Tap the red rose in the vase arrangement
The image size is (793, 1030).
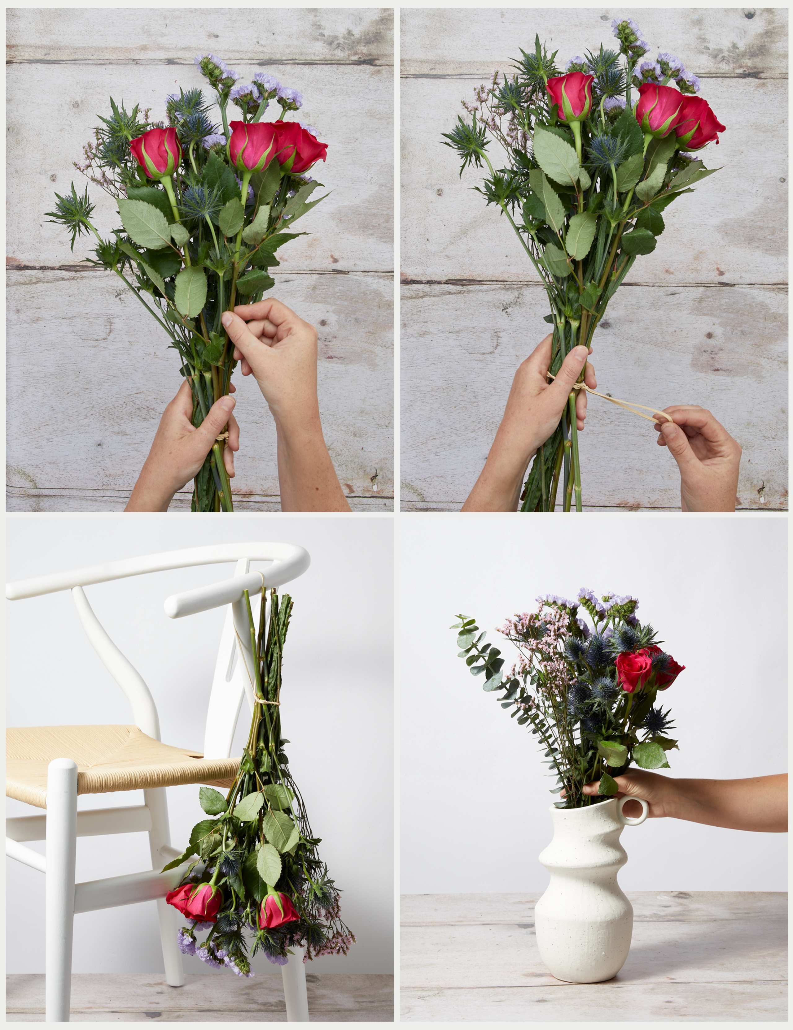[634, 671]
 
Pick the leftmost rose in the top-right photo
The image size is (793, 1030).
[570, 96]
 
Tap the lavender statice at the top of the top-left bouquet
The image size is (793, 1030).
[212, 66]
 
